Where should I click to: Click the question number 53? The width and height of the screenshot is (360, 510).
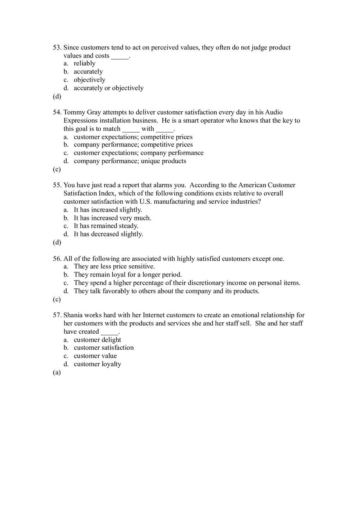click(57, 47)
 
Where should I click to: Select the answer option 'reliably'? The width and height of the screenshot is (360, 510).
click(84, 63)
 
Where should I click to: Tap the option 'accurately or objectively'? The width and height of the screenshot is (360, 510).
click(108, 88)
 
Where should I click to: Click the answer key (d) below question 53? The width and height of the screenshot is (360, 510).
click(57, 97)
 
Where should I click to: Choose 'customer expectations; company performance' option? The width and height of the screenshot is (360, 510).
click(138, 153)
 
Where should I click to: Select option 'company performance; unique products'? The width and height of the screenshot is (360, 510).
click(130, 161)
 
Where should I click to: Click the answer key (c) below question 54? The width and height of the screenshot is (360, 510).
click(57, 169)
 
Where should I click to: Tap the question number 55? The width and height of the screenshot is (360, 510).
click(57, 185)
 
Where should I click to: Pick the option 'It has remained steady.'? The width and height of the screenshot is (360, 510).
click(106, 226)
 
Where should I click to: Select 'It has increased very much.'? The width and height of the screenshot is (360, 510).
click(112, 218)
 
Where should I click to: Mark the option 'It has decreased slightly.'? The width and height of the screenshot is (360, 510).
click(108, 234)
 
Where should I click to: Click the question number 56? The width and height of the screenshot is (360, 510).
click(57, 259)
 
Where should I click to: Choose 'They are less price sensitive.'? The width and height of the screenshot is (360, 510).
click(114, 267)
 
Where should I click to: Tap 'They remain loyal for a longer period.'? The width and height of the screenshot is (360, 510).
click(128, 275)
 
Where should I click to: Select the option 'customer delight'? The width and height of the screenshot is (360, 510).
click(97, 340)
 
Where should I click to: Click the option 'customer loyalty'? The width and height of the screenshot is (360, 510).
click(97, 364)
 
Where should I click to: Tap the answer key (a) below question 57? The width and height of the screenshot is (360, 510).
click(57, 373)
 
